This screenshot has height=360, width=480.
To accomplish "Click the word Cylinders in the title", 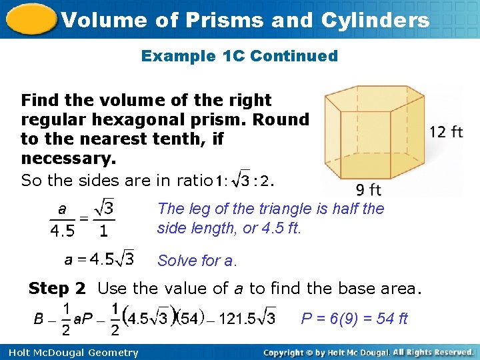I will click(375, 20).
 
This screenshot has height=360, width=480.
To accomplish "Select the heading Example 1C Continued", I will click(239, 56).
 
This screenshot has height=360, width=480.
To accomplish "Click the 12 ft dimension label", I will click(446, 131).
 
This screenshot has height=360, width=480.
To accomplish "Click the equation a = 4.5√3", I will click(99, 257).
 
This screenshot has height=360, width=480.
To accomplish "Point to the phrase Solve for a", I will click(197, 261).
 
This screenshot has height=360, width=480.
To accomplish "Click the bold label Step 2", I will click(57, 289).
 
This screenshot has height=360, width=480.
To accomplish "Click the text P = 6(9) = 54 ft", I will click(354, 318).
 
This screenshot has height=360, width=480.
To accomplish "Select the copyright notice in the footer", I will click(369, 352).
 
